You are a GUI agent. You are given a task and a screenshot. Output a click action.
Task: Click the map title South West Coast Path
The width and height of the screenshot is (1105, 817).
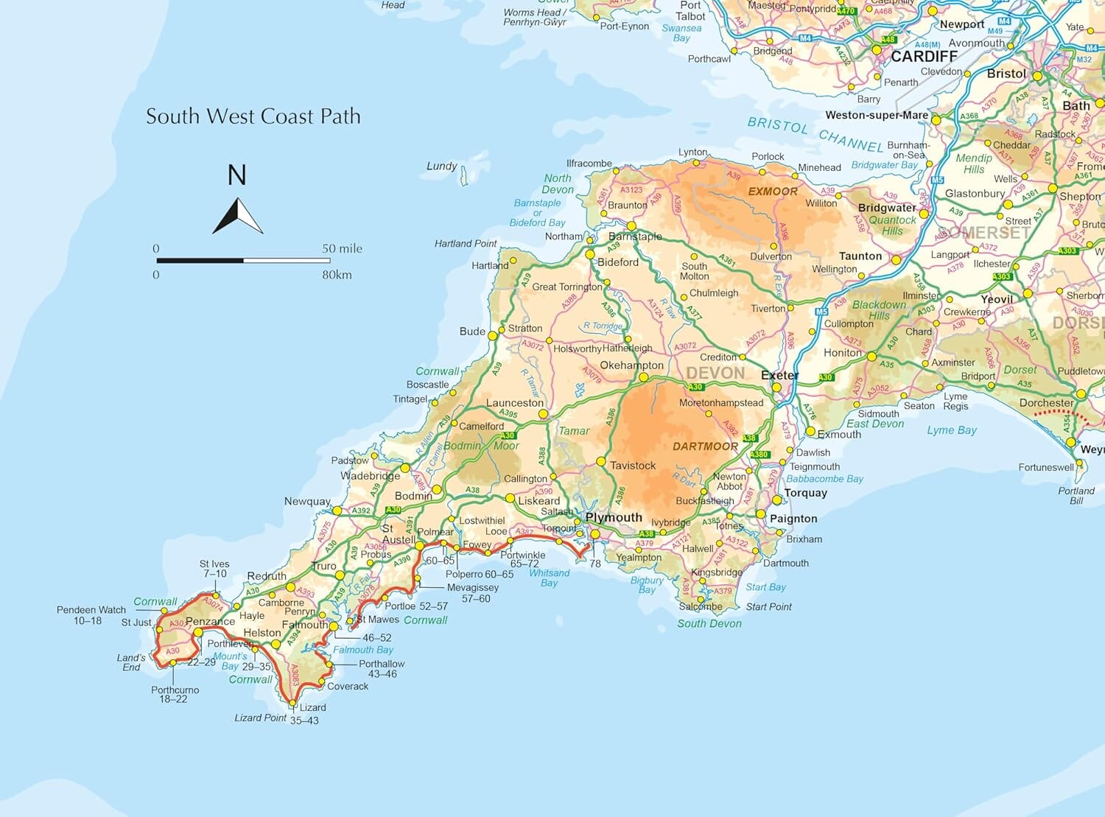(253, 116)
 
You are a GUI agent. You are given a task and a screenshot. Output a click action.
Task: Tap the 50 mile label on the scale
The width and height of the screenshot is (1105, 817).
(342, 248)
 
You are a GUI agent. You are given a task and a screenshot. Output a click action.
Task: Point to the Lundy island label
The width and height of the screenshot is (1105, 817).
(441, 166)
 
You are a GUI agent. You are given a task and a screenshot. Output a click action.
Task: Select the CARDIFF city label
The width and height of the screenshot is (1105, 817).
(924, 57)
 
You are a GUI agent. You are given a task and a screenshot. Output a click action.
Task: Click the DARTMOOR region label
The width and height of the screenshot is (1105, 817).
(705, 446)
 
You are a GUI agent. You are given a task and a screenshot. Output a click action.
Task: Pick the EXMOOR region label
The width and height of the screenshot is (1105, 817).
(773, 191)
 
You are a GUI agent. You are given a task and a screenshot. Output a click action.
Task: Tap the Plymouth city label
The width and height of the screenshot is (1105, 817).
(614, 517)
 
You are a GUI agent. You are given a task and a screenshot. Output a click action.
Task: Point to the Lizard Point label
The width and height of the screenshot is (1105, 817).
(260, 717)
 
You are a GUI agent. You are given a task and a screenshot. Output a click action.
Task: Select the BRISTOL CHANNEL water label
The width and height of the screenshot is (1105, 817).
(815, 134)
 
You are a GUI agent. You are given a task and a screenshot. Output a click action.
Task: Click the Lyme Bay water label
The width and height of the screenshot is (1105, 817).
(951, 430)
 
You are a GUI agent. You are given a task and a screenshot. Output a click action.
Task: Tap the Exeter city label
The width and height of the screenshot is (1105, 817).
(779, 375)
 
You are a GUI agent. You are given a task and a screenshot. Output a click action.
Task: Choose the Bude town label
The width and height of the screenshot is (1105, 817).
(472, 331)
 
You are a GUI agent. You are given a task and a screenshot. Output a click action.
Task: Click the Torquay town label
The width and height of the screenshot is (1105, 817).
(805, 493)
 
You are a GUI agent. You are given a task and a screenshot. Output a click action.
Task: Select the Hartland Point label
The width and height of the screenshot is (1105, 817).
(466, 243)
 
